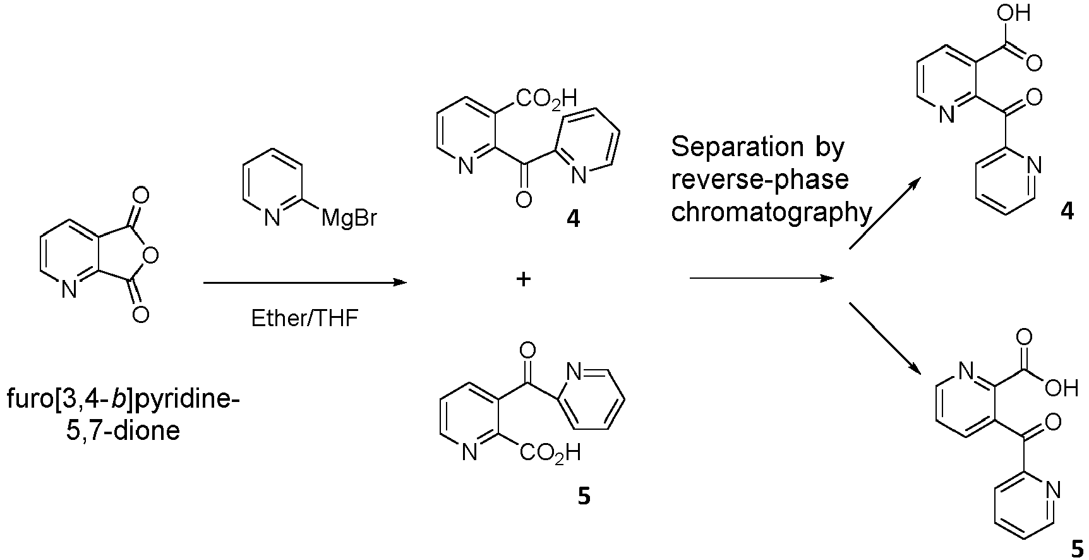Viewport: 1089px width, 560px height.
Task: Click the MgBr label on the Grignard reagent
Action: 349,219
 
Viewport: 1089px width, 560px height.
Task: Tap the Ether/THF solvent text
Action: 304,318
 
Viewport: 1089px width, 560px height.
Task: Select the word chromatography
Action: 771,212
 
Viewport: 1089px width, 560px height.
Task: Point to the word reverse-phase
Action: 760,180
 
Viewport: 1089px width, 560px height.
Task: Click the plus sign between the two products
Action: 523,279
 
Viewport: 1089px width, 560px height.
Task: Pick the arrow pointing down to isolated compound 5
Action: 883,337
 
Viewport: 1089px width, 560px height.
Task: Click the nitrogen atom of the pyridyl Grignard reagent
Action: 272,219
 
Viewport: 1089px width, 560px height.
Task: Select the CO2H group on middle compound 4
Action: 547,98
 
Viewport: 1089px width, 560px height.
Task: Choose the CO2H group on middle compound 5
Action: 550,453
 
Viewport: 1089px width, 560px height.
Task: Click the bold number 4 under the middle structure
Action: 573,219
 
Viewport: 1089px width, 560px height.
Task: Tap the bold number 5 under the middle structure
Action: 584,497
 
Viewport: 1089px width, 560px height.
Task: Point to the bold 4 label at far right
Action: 1067,212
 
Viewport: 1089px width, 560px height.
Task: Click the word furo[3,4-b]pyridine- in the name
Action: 124,401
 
